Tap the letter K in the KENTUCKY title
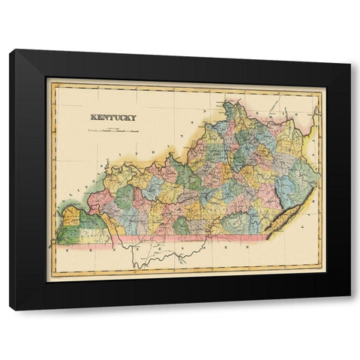[x=93, y=117]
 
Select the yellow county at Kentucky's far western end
[x=70, y=217]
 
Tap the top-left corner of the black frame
[x=10, y=50]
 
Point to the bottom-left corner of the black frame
[x=10, y=309]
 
